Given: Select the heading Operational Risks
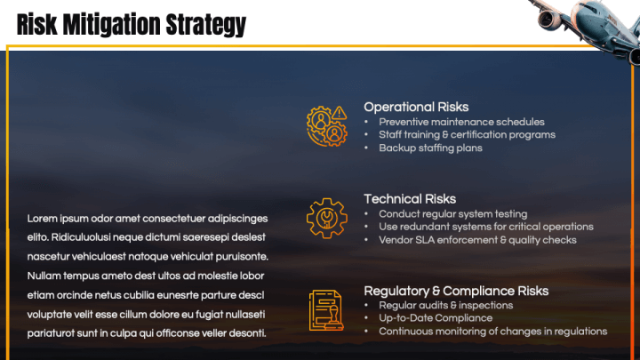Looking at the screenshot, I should pyautogui.click(x=416, y=107).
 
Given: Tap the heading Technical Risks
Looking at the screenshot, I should pyautogui.click(x=410, y=199).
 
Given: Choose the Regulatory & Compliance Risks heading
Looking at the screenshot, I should pyautogui.click(x=456, y=291).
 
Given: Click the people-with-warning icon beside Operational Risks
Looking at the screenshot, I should pyautogui.click(x=325, y=125).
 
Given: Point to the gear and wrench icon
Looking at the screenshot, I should pyautogui.click(x=325, y=218).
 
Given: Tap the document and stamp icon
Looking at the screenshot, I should pyautogui.click(x=325, y=309).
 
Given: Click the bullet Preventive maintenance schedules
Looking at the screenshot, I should pyautogui.click(x=461, y=122).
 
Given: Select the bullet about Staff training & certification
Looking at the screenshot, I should pyautogui.click(x=467, y=135).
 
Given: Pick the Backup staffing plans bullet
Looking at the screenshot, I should pyautogui.click(x=430, y=148).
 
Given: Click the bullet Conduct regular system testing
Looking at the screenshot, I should pyautogui.click(x=452, y=214).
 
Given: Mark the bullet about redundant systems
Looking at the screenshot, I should pyautogui.click(x=485, y=227).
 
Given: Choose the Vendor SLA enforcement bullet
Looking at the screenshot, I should pyautogui.click(x=477, y=240).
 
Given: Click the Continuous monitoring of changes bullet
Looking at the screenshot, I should pyautogui.click(x=492, y=332).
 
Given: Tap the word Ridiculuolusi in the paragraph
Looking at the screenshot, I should pyautogui.click(x=80, y=238).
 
